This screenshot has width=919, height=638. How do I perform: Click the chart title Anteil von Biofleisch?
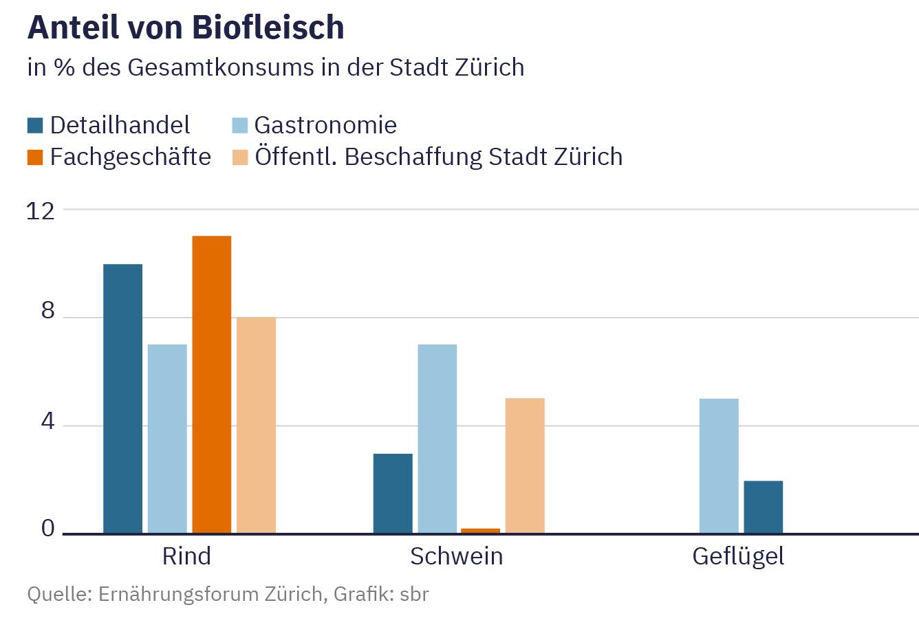click(186, 27)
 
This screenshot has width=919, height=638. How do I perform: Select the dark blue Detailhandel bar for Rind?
click(122, 399)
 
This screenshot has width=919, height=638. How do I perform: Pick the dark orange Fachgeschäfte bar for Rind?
click(212, 385)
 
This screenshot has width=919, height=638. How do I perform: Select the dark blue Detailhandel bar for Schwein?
click(393, 493)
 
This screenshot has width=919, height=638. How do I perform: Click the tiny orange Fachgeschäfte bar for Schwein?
click(481, 530)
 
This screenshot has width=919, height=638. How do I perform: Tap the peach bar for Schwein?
click(525, 465)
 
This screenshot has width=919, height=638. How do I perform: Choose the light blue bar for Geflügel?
click(719, 465)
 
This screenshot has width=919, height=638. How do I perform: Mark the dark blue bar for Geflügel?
click(763, 507)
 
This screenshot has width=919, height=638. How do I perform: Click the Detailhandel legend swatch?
click(35, 125)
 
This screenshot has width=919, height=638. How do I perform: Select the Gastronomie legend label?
click(325, 125)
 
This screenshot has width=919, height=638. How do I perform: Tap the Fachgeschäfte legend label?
click(130, 157)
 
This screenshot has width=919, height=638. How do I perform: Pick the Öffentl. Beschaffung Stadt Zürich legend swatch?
click(239, 157)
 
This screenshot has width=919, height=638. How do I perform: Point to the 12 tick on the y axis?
click(40, 210)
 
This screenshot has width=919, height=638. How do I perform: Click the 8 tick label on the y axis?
click(47, 311)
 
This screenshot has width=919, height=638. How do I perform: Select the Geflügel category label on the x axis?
click(738, 555)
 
